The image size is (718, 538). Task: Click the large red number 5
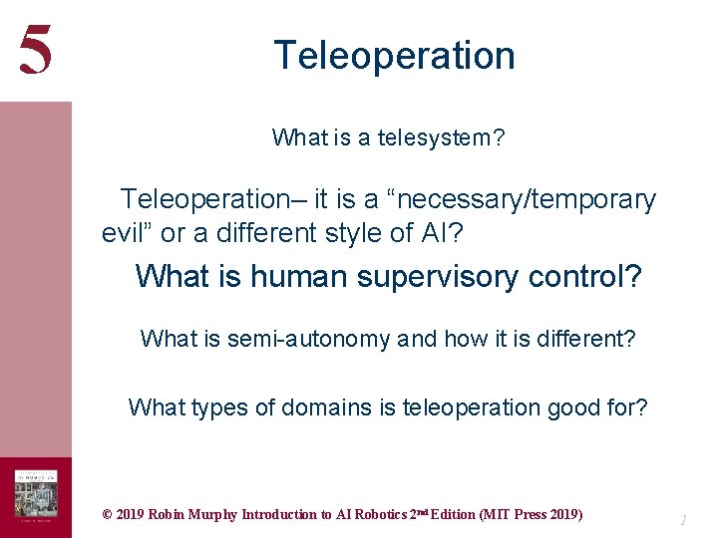pyautogui.click(x=35, y=50)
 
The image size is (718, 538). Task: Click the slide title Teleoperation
pyautogui.click(x=394, y=55)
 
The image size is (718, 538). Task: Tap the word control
pyautogui.click(x=588, y=276)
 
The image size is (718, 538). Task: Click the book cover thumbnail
pyautogui.click(x=35, y=494)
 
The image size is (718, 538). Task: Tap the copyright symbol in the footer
pyautogui.click(x=107, y=515)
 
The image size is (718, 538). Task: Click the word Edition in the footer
pyautogui.click(x=449, y=515)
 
